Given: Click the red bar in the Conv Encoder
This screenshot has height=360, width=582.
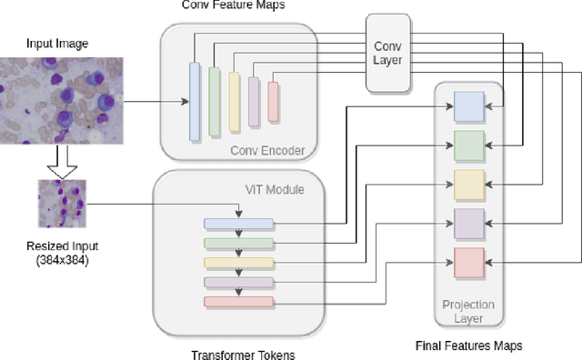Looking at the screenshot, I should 273,101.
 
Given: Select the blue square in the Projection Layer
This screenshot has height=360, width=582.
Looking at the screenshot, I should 469,107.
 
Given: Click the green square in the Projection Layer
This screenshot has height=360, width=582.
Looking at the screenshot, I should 469,145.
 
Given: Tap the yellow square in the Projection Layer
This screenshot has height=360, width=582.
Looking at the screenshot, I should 469,184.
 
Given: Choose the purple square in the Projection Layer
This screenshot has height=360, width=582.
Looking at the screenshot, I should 469,223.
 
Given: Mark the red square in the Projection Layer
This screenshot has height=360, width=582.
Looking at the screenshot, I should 469,262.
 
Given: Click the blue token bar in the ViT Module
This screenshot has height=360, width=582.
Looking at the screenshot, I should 238,224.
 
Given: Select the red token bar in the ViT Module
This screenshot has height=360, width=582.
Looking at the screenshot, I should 238,301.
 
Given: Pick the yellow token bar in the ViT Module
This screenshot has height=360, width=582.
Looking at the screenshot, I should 238,263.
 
